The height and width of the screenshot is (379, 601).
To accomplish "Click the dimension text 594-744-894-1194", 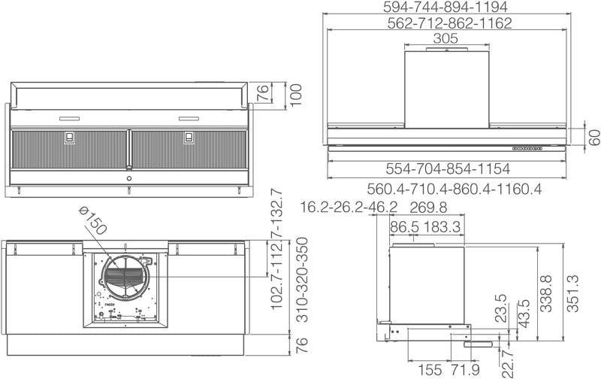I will (456, 7).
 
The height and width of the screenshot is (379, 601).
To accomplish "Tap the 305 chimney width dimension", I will (446, 39).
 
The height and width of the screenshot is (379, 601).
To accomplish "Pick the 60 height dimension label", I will (593, 138).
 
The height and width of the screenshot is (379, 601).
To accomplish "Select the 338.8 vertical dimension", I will (547, 288).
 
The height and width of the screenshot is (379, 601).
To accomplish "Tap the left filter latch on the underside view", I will (69, 138).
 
